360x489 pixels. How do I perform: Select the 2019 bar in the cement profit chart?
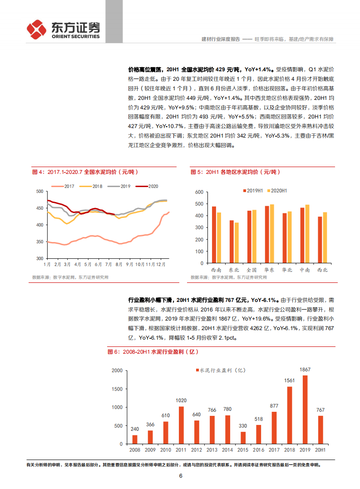(x=305, y=410)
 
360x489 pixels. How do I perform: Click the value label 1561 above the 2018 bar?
(x=289, y=380)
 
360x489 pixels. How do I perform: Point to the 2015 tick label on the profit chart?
(x=243, y=449)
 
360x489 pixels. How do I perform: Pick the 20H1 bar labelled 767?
(x=321, y=430)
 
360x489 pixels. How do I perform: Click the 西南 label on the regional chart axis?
(x=217, y=270)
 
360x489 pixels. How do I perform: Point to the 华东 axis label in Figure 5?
(x=269, y=270)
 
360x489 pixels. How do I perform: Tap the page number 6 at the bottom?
(x=181, y=476)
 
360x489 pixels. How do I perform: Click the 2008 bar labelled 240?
(x=135, y=439)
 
